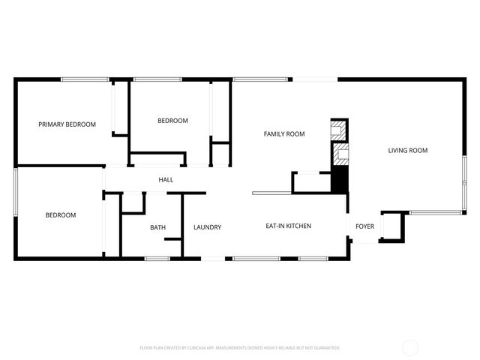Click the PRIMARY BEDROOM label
[67, 124]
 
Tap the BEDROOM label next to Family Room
[172, 121]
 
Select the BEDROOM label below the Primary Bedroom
[61, 215]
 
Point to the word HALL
[166, 180]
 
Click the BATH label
[157, 227]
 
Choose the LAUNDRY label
[207, 227]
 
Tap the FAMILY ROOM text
[283, 134]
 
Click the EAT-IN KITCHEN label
[289, 226]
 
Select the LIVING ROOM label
[407, 151]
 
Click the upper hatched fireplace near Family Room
[340, 129]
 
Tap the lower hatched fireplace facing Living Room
[340, 157]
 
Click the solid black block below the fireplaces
[340, 181]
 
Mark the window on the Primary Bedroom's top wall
[85, 79]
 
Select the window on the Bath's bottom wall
[157, 259]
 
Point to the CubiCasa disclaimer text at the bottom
[240, 348]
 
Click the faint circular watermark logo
[410, 347]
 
